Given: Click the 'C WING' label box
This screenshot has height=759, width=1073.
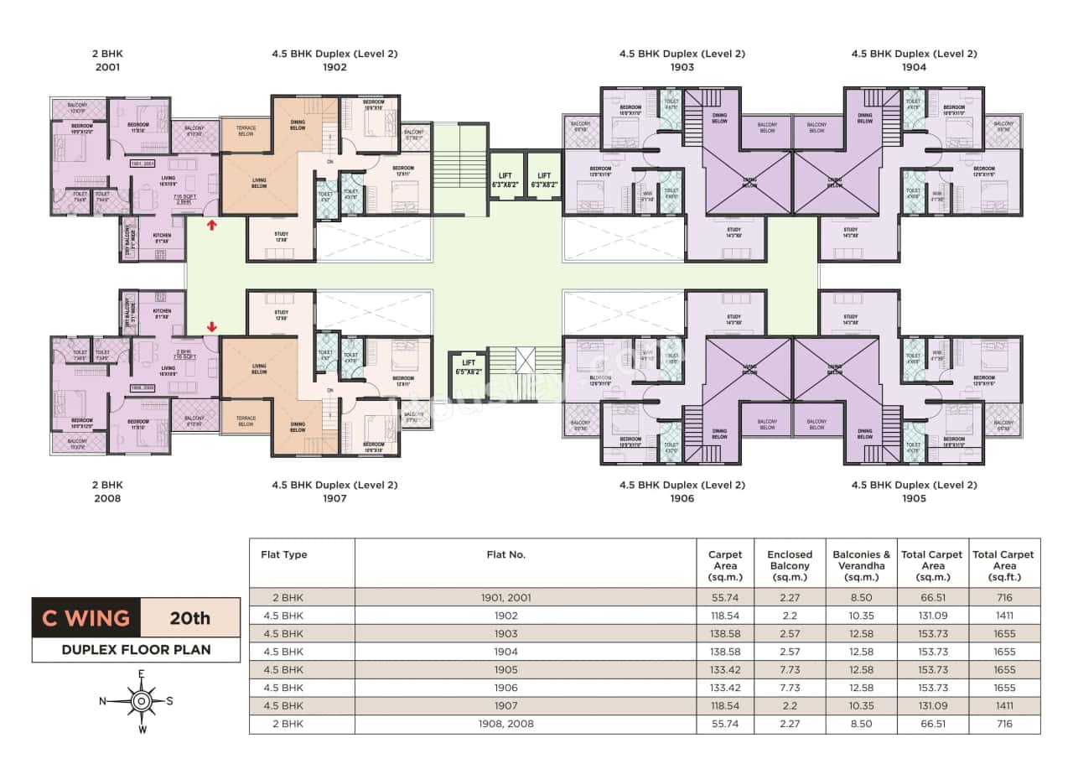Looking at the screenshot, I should [86, 619].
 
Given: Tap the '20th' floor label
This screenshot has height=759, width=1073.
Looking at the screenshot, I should [189, 619].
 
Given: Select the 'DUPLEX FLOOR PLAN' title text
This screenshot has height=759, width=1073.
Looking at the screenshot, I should [136, 649].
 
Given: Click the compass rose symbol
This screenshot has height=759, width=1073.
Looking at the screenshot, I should [142, 699].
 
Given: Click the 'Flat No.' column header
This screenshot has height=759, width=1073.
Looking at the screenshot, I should [505, 554].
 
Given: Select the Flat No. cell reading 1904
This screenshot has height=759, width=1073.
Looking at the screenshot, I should [505, 652].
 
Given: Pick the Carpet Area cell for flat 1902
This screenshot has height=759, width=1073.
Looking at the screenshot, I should [724, 616].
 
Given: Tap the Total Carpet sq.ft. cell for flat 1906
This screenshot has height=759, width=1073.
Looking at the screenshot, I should [1004, 688].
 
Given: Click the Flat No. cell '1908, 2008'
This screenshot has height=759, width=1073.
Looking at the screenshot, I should [505, 724].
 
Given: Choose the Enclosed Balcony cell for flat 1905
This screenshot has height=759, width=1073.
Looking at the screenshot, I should [789, 670].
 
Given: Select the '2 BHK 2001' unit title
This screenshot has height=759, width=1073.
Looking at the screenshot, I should [107, 60].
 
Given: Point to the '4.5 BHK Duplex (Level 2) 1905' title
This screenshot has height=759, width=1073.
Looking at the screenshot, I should [914, 491].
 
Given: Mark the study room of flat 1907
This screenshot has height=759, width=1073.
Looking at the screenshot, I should [281, 314].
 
